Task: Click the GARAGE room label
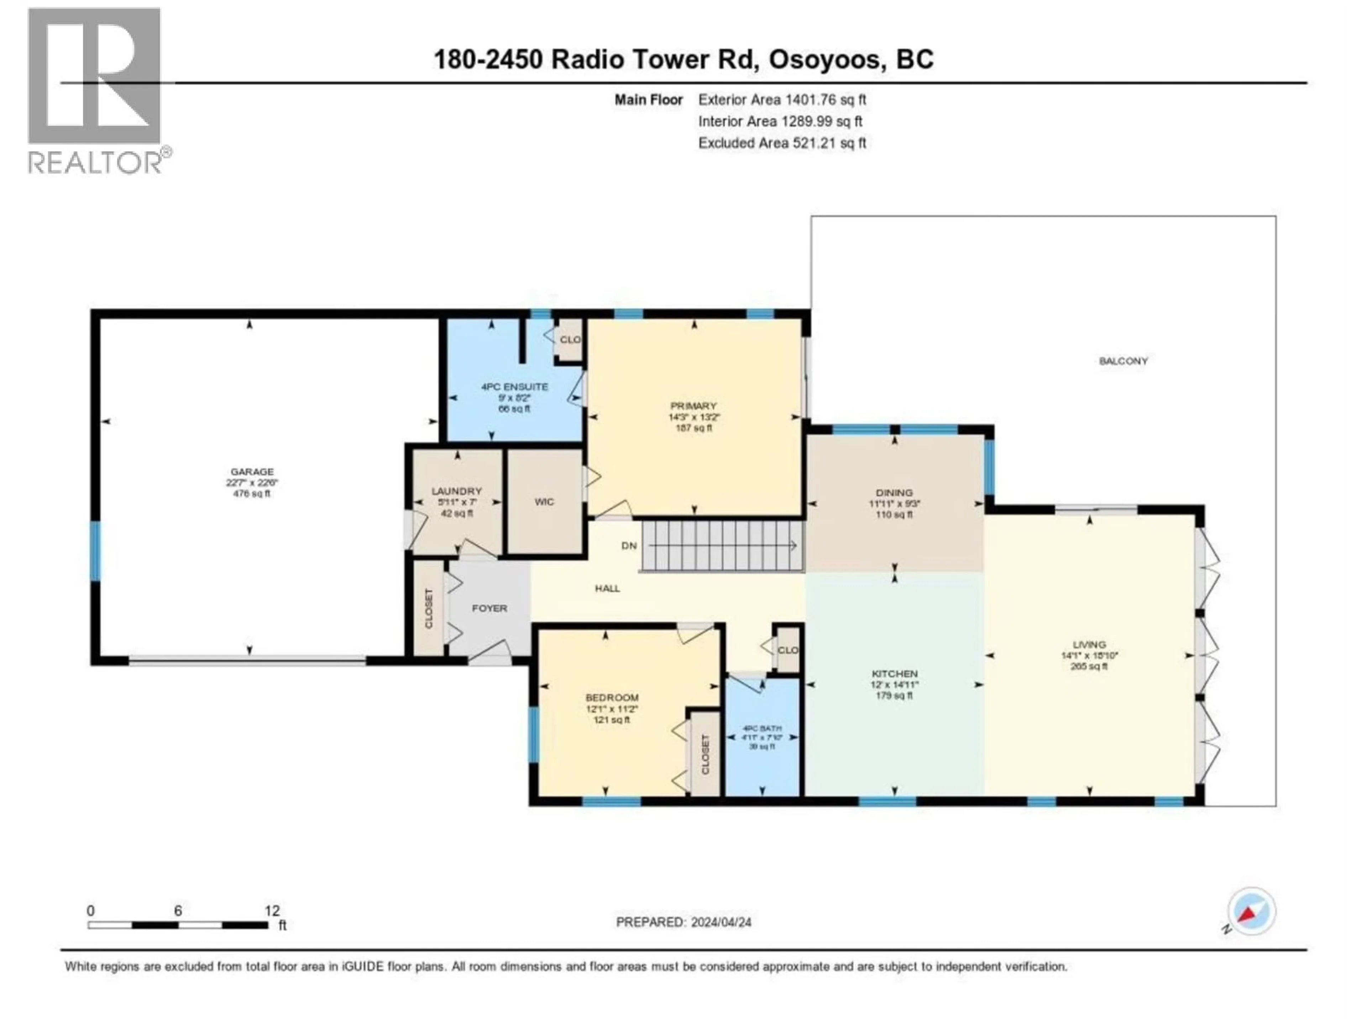(252, 472)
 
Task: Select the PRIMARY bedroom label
(693, 406)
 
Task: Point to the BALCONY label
(1123, 361)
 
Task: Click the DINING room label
(894, 493)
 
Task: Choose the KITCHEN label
(894, 673)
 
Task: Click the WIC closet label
(544, 502)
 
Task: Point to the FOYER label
(489, 609)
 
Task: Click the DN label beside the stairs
(628, 546)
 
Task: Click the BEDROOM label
(612, 698)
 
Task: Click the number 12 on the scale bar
(272, 911)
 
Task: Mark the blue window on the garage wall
(95, 551)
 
